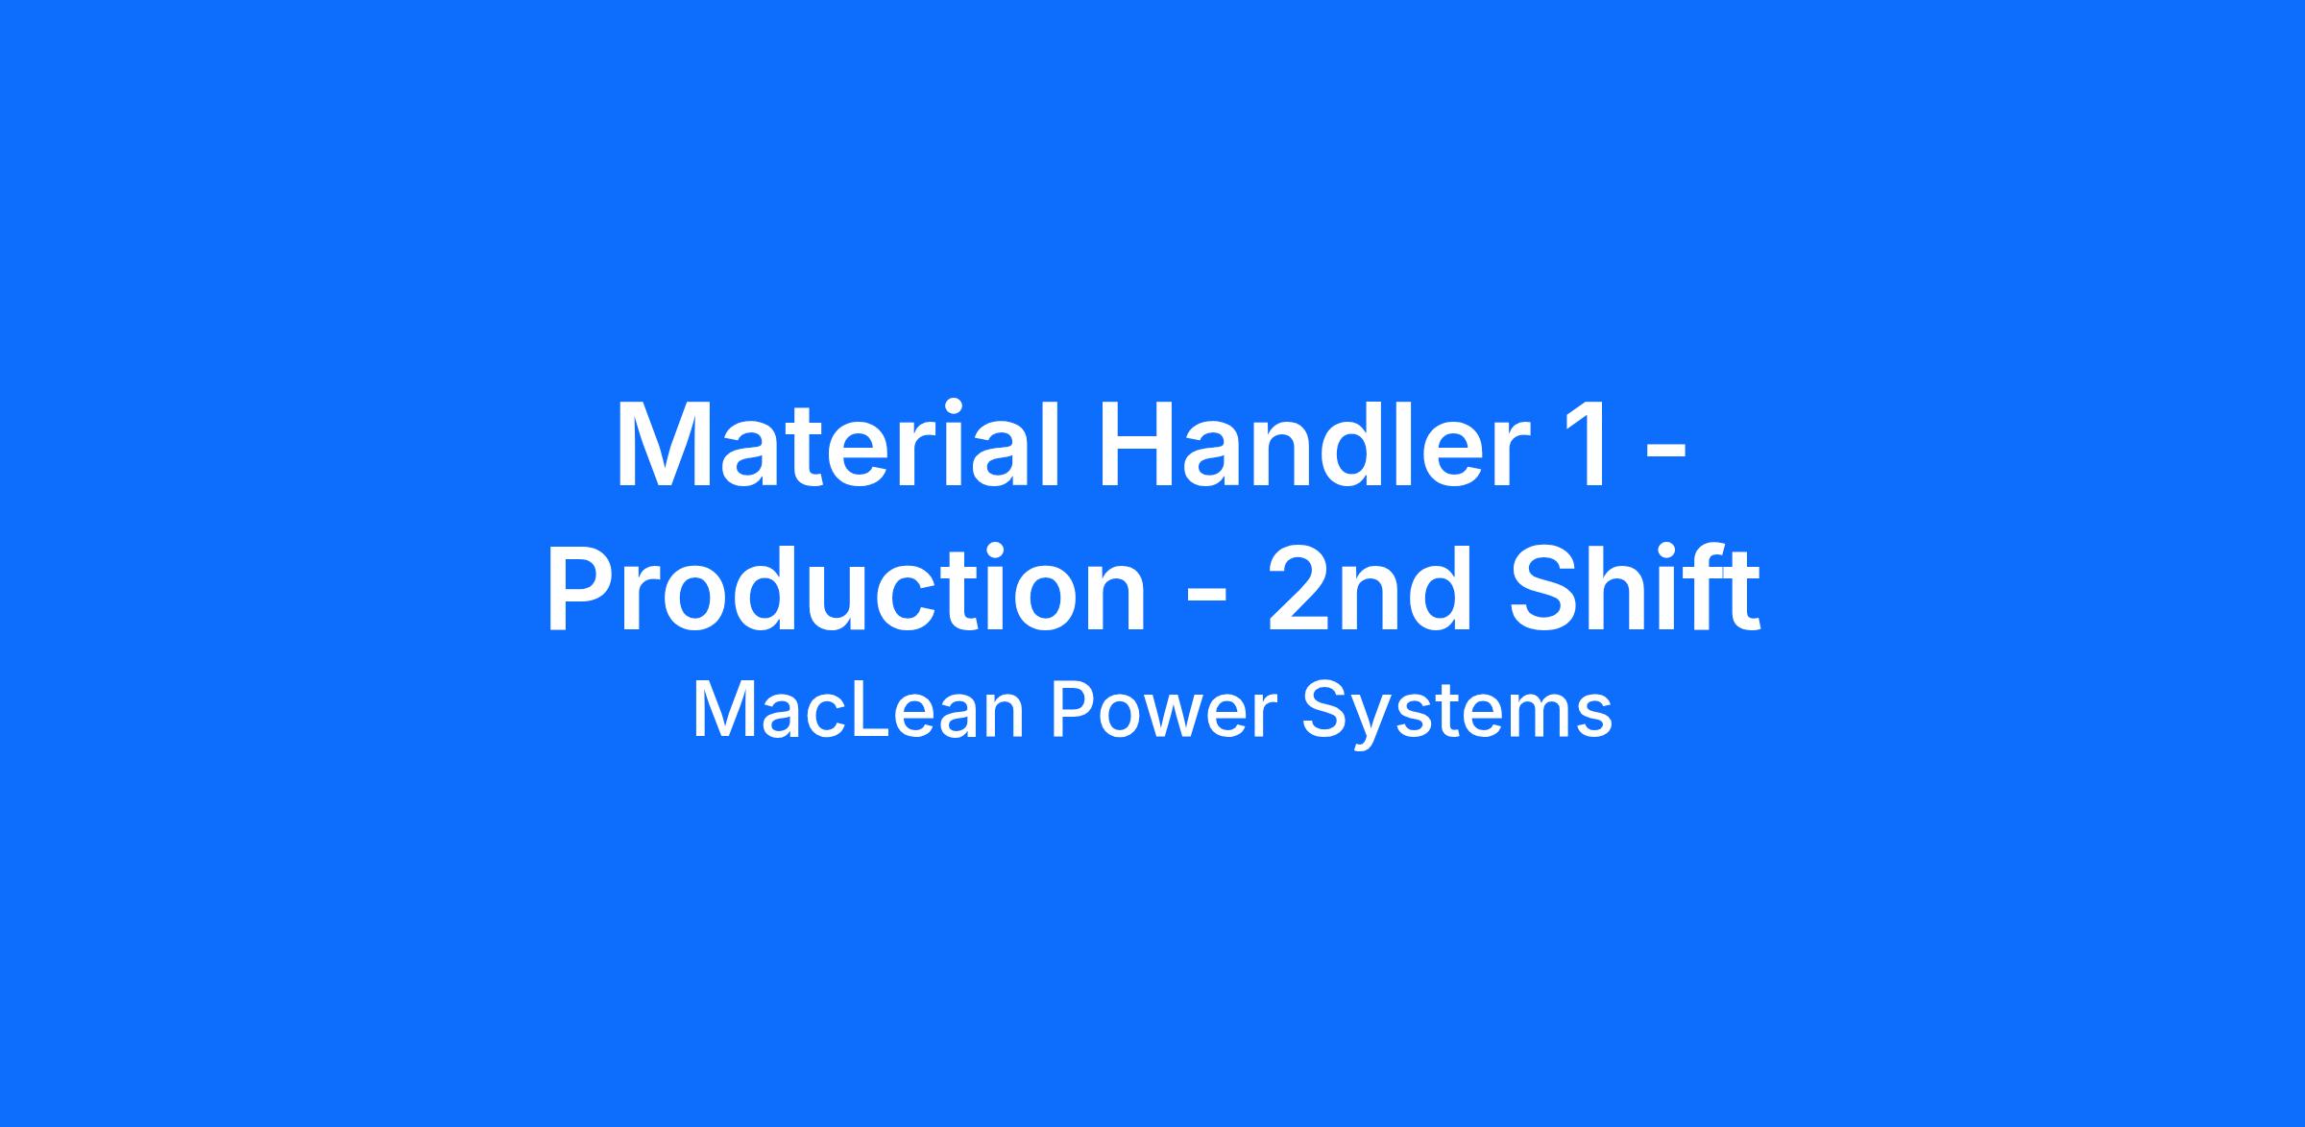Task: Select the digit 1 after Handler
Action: (1586, 445)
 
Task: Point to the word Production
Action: (846, 587)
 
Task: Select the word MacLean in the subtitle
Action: (859, 711)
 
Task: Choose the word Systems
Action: (1456, 716)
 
